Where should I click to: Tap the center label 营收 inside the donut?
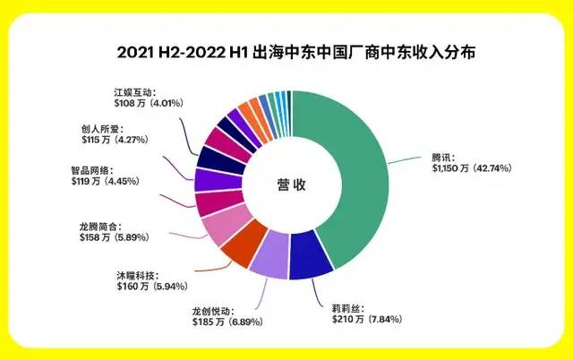tap(291, 185)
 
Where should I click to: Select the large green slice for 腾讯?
tap(358, 179)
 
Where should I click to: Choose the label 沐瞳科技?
tap(135, 274)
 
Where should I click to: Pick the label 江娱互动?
tap(135, 91)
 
